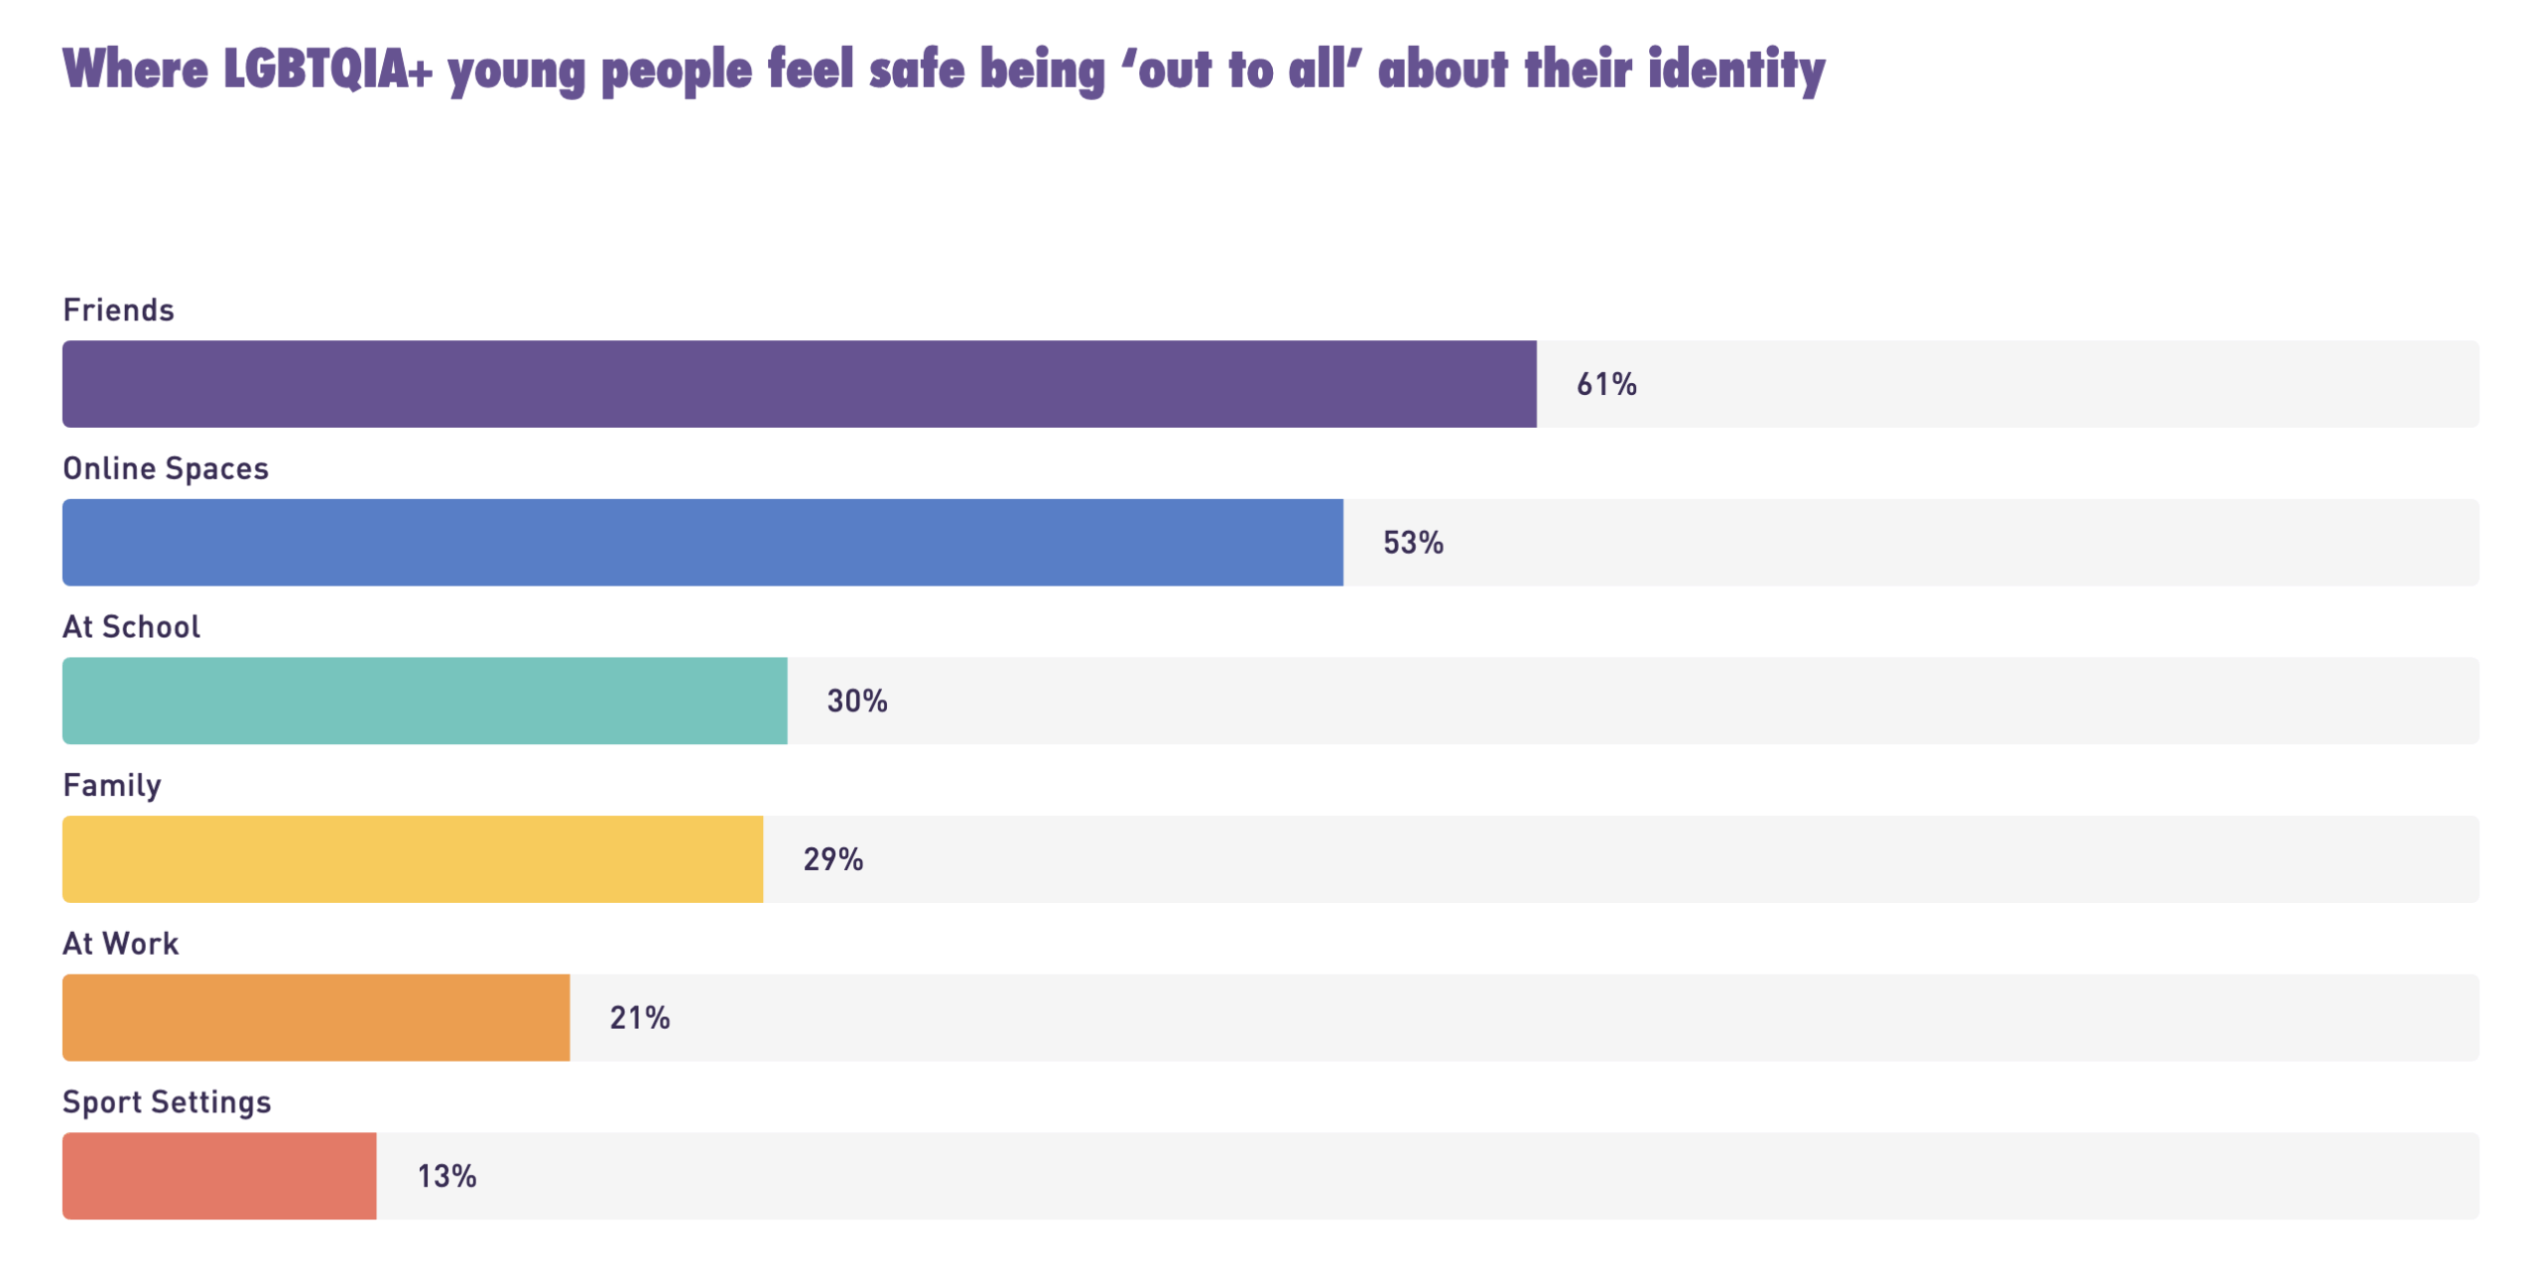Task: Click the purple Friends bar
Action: (x=799, y=384)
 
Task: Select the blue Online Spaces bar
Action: (x=702, y=542)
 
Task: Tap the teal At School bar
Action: (x=425, y=701)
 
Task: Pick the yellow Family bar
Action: (x=413, y=858)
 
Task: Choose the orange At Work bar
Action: (x=316, y=1017)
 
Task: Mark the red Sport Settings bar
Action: (x=219, y=1176)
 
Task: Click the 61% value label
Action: (x=1606, y=384)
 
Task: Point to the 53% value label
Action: (x=1413, y=543)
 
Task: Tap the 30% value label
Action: (x=857, y=702)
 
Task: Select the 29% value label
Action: (x=833, y=859)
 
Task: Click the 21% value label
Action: (x=640, y=1018)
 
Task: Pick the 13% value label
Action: (x=446, y=1177)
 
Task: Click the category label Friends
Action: (x=118, y=310)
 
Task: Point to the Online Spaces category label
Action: (x=166, y=468)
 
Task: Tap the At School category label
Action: (x=131, y=627)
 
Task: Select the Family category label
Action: (x=112, y=786)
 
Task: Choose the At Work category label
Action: (x=121, y=944)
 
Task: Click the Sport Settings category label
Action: (x=167, y=1102)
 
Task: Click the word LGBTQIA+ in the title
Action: (x=327, y=69)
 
